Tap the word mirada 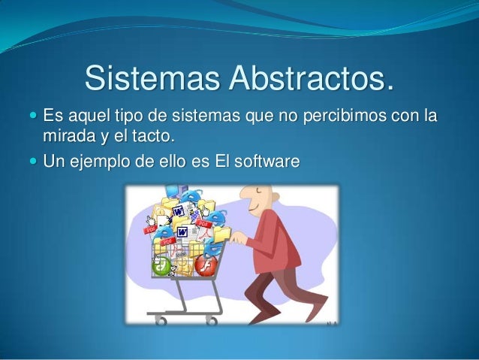(69, 136)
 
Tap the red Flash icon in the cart (206, 265)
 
